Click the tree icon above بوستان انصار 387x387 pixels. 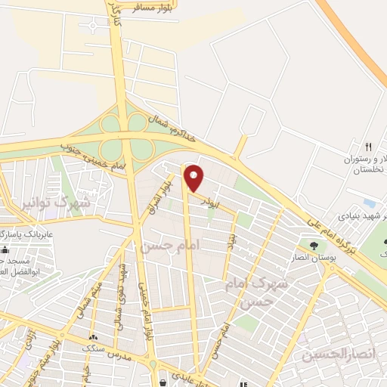coord(314,244)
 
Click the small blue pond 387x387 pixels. coord(369,204)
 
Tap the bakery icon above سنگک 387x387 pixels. coord(92,337)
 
